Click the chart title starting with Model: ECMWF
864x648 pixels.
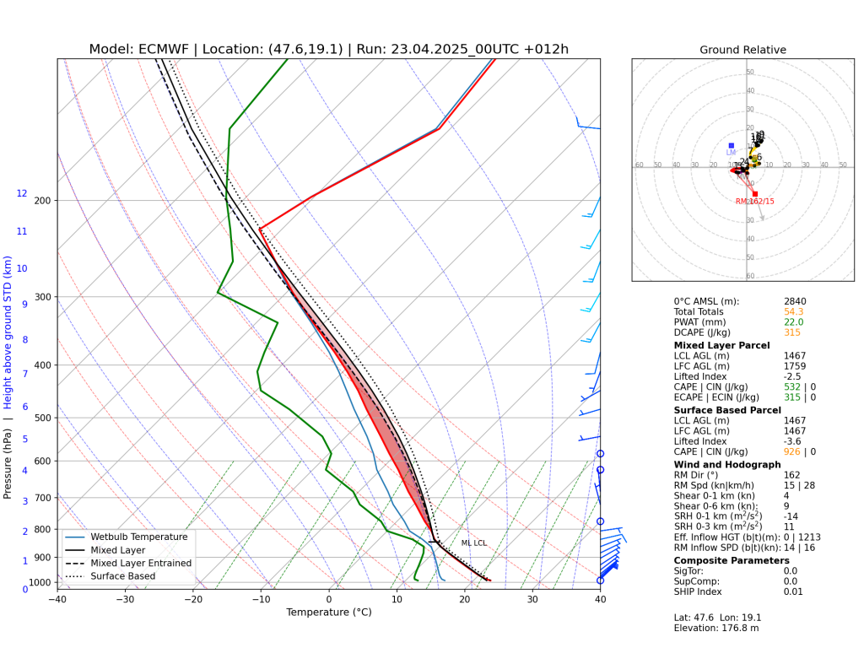pyautogui.click(x=329, y=49)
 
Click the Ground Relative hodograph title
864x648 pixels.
pyautogui.click(x=742, y=50)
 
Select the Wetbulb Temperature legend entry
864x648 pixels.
pyautogui.click(x=139, y=537)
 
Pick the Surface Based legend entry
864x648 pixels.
pyautogui.click(x=127, y=576)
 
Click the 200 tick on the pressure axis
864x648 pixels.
pyautogui.click(x=42, y=201)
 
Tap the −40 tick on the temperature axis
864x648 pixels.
pyautogui.click(x=57, y=600)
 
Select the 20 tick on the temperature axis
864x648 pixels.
pyautogui.click(x=465, y=600)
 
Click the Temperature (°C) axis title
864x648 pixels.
pyautogui.click(x=329, y=613)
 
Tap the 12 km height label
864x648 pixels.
pyautogui.click(x=22, y=194)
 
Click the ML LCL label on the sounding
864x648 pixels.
pyautogui.click(x=473, y=543)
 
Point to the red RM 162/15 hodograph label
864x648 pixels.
pyautogui.click(x=754, y=202)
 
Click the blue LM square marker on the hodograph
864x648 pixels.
pyautogui.click(x=731, y=146)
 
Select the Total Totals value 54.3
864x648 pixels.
pyautogui.click(x=793, y=312)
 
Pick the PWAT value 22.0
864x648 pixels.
pyautogui.click(x=793, y=322)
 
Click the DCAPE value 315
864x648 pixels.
pyautogui.click(x=791, y=333)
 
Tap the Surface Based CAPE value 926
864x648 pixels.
pyautogui.click(x=791, y=452)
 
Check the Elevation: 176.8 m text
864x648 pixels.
pyautogui.click(x=715, y=628)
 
